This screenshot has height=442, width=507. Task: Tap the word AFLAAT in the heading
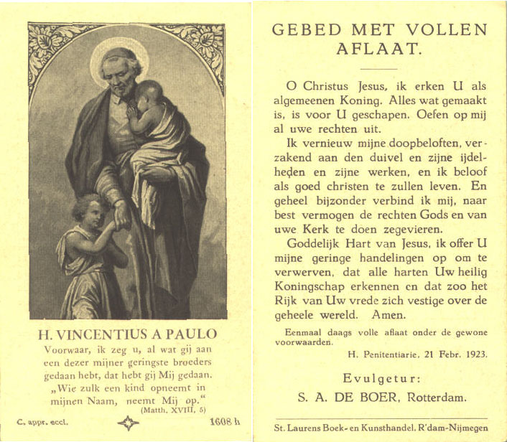pos(379,50)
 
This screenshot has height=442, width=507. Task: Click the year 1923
pos(472,354)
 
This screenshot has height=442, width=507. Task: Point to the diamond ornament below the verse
pos(128,423)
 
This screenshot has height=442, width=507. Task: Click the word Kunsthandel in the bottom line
pos(393,428)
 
